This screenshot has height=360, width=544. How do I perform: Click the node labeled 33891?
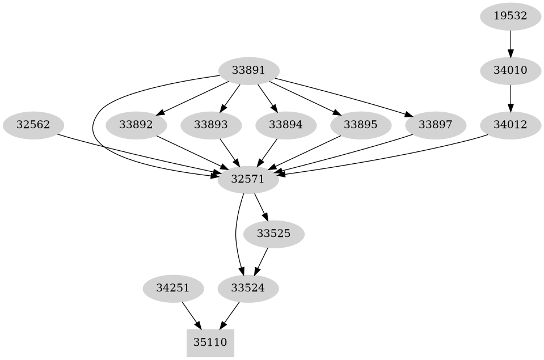tap(248, 71)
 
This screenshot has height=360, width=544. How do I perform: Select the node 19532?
tap(511, 16)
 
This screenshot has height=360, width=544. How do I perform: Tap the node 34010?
tap(511, 71)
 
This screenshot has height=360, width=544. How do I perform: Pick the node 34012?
tap(511, 125)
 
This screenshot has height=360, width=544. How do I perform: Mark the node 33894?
tap(285, 125)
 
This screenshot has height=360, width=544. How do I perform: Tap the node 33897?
tap(435, 125)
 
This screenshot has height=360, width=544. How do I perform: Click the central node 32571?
tap(248, 179)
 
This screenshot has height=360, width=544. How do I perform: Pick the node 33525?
tap(273, 234)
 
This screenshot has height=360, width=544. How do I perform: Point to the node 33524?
tap(248, 288)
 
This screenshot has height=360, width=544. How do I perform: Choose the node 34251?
tap(173, 288)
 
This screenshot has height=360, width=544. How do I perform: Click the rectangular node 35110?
tap(210, 342)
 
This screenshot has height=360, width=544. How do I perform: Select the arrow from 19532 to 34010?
tap(511, 44)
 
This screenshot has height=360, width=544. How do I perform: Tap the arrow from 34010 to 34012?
tap(511, 98)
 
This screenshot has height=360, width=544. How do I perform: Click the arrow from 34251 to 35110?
tap(191, 315)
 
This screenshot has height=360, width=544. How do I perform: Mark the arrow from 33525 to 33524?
tap(262, 261)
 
